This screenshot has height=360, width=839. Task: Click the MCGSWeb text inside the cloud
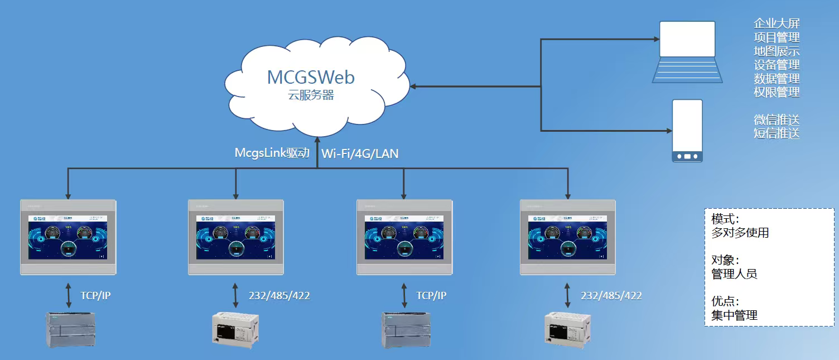[311, 77]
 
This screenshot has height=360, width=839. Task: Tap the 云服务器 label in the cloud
[311, 95]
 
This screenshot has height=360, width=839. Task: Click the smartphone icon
[687, 131]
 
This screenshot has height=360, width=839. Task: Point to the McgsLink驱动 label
[272, 153]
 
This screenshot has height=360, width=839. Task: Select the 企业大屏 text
[777, 23]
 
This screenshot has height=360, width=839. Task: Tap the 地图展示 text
[777, 51]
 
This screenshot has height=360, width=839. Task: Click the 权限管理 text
[777, 92]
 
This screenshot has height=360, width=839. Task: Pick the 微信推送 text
[777, 119]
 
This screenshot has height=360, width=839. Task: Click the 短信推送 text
[777, 133]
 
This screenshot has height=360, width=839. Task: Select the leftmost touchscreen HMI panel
[68, 237]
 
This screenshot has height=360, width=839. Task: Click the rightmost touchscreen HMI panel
[568, 237]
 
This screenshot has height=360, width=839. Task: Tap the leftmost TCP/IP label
[95, 296]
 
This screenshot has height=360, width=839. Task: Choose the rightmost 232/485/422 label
[611, 296]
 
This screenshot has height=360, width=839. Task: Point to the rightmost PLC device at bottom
[567, 329]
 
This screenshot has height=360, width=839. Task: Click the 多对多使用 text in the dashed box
[740, 233]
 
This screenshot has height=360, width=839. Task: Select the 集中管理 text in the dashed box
[735, 315]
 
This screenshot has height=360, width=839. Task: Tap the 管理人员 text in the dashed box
[735, 274]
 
